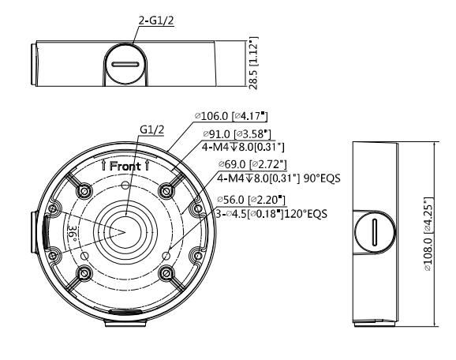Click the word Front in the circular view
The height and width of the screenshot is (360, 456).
[125, 167]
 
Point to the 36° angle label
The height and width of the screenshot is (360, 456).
[71, 234]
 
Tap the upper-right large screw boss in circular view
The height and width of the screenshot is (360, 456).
[165, 190]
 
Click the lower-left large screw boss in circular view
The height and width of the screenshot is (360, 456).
[82, 273]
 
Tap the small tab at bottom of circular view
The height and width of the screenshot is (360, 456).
[122, 322]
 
